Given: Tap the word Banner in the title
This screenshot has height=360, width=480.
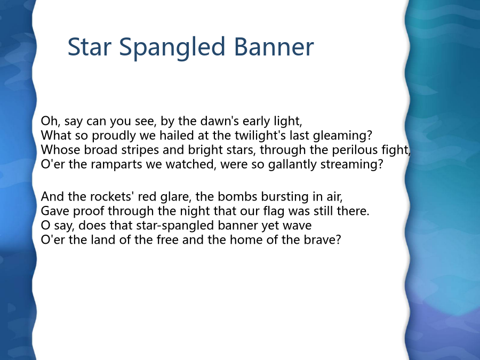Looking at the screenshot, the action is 274,46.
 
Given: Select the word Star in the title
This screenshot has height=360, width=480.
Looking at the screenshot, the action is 89,46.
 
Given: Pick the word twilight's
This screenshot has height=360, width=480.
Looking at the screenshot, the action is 260,135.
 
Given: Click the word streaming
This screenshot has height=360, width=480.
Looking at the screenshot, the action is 349,164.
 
